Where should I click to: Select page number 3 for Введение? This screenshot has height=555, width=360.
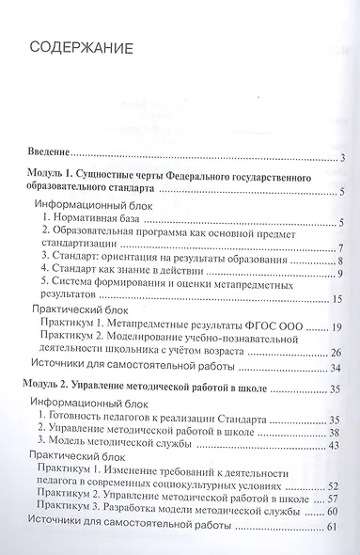pos(344,157)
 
